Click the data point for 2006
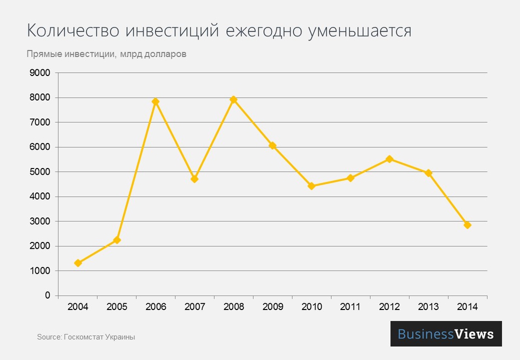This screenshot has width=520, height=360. click(x=155, y=101)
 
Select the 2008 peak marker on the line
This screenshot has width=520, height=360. click(x=233, y=99)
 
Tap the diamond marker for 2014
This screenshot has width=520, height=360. click(x=467, y=225)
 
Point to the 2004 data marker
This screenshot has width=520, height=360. click(x=78, y=263)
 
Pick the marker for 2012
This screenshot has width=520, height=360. click(x=389, y=159)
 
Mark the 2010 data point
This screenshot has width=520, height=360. click(x=311, y=186)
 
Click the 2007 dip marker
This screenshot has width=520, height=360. click(x=194, y=179)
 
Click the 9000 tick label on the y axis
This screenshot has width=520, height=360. click(x=40, y=73)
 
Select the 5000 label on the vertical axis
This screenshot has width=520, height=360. click(x=40, y=172)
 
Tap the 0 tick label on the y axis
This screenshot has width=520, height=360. click(x=47, y=295)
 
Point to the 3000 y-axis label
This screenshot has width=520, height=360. click(x=40, y=221)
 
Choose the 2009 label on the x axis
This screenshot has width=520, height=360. click(x=272, y=306)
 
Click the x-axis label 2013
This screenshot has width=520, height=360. click(x=428, y=306)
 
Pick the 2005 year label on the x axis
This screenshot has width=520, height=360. click(x=117, y=306)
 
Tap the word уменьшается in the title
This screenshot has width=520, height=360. click(x=359, y=31)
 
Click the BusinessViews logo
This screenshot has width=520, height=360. click(x=446, y=334)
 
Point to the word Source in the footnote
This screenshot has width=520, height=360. click(x=48, y=337)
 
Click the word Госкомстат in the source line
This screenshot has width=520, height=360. click(x=83, y=337)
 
